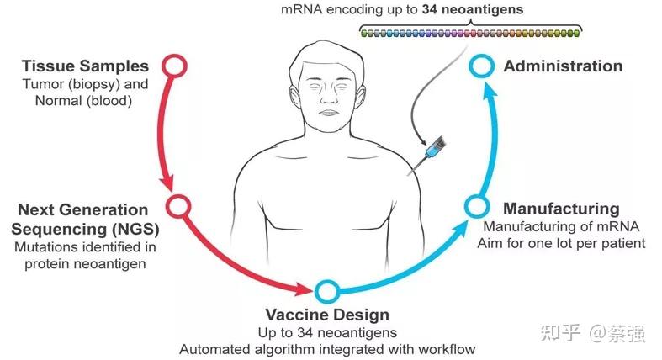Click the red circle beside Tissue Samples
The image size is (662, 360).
173,66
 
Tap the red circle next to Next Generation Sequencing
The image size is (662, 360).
177,205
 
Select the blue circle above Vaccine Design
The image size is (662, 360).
326,291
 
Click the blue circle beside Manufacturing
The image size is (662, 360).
476,206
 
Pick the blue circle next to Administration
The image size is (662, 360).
479,66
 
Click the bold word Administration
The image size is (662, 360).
563,66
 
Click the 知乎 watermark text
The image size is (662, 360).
559,333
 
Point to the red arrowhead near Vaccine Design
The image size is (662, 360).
304,291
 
